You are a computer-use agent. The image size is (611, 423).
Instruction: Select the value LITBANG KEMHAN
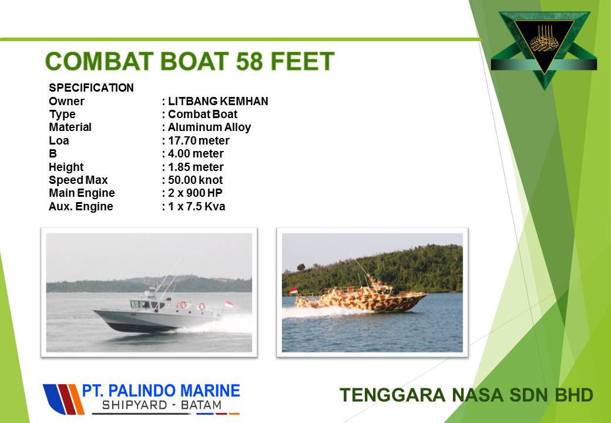(218, 101)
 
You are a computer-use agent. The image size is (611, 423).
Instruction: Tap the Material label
(70, 127)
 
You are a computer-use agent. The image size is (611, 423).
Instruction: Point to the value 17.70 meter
(199, 140)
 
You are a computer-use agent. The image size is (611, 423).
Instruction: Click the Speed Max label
(78, 180)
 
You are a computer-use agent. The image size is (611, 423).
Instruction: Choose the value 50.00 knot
(195, 180)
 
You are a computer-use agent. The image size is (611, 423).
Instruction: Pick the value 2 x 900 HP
(195, 193)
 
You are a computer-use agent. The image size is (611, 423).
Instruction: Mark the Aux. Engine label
(80, 206)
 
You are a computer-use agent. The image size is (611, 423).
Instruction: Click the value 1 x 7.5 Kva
(196, 206)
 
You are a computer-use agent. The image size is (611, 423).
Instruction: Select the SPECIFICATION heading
(91, 88)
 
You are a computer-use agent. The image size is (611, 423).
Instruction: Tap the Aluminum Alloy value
(209, 127)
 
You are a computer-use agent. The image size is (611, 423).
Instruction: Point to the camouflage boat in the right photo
(361, 296)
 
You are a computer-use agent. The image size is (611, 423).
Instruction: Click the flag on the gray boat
(230, 304)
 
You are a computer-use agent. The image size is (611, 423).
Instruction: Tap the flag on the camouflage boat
(293, 291)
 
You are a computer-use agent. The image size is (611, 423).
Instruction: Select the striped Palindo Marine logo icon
(63, 399)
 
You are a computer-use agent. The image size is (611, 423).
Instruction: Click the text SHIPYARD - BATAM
(162, 405)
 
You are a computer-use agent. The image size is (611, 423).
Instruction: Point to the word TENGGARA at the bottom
(392, 395)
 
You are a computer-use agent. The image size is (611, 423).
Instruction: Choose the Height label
(66, 167)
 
